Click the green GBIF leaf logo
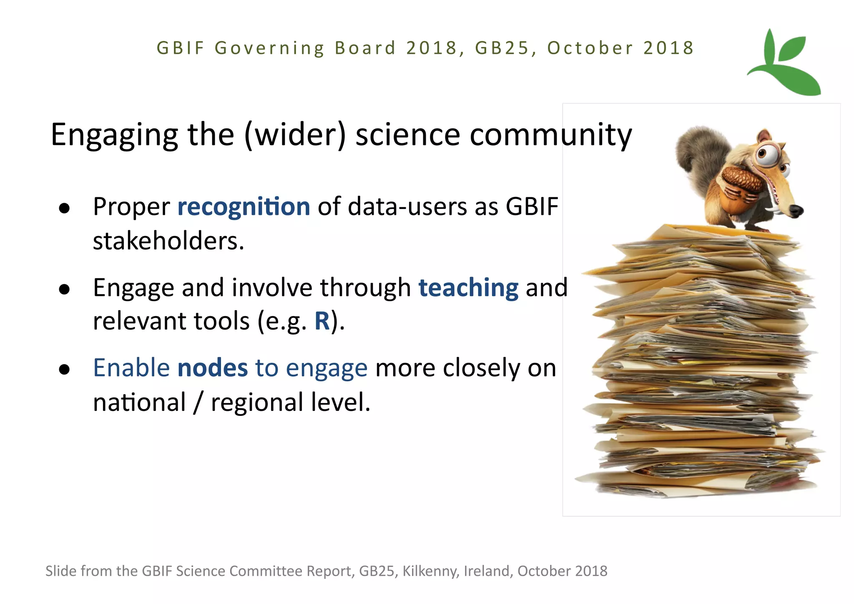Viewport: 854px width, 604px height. [x=784, y=63]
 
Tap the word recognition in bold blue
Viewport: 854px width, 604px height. [x=244, y=207]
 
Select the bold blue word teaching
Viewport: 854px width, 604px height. [x=468, y=288]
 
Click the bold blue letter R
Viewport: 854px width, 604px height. [x=322, y=321]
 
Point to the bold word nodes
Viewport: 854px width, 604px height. [x=213, y=368]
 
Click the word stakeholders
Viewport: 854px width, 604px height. [x=168, y=241]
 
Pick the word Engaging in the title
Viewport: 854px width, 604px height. [x=115, y=136]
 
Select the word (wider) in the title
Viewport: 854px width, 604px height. [x=295, y=136]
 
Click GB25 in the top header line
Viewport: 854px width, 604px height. [x=502, y=48]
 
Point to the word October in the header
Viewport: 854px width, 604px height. [x=590, y=48]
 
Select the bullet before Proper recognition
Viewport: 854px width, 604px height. [x=64, y=208]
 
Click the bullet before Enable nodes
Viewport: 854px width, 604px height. [x=64, y=370]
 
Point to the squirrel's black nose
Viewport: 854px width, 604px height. [x=796, y=211]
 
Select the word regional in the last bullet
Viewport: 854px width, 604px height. [x=256, y=403]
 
